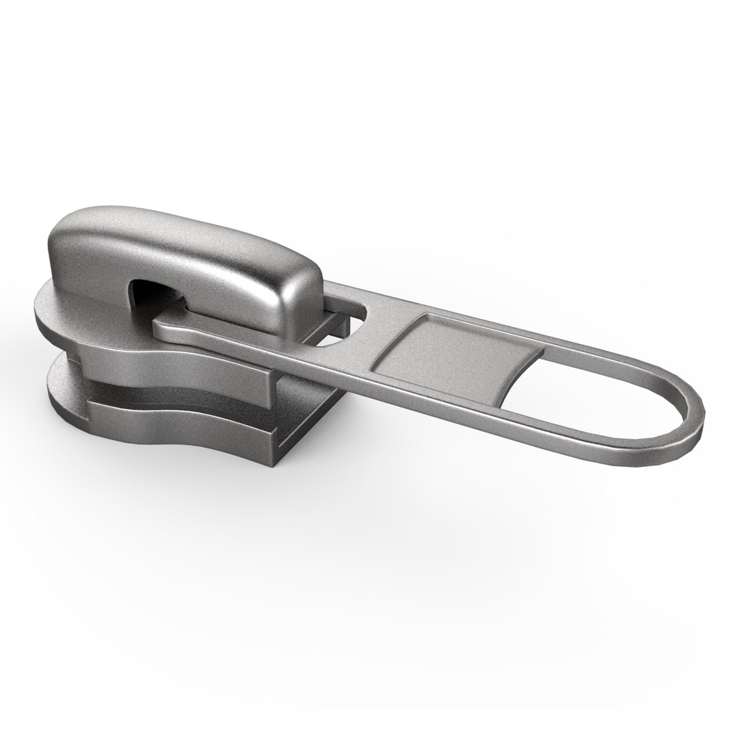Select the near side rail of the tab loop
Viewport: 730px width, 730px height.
pos(541,433)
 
